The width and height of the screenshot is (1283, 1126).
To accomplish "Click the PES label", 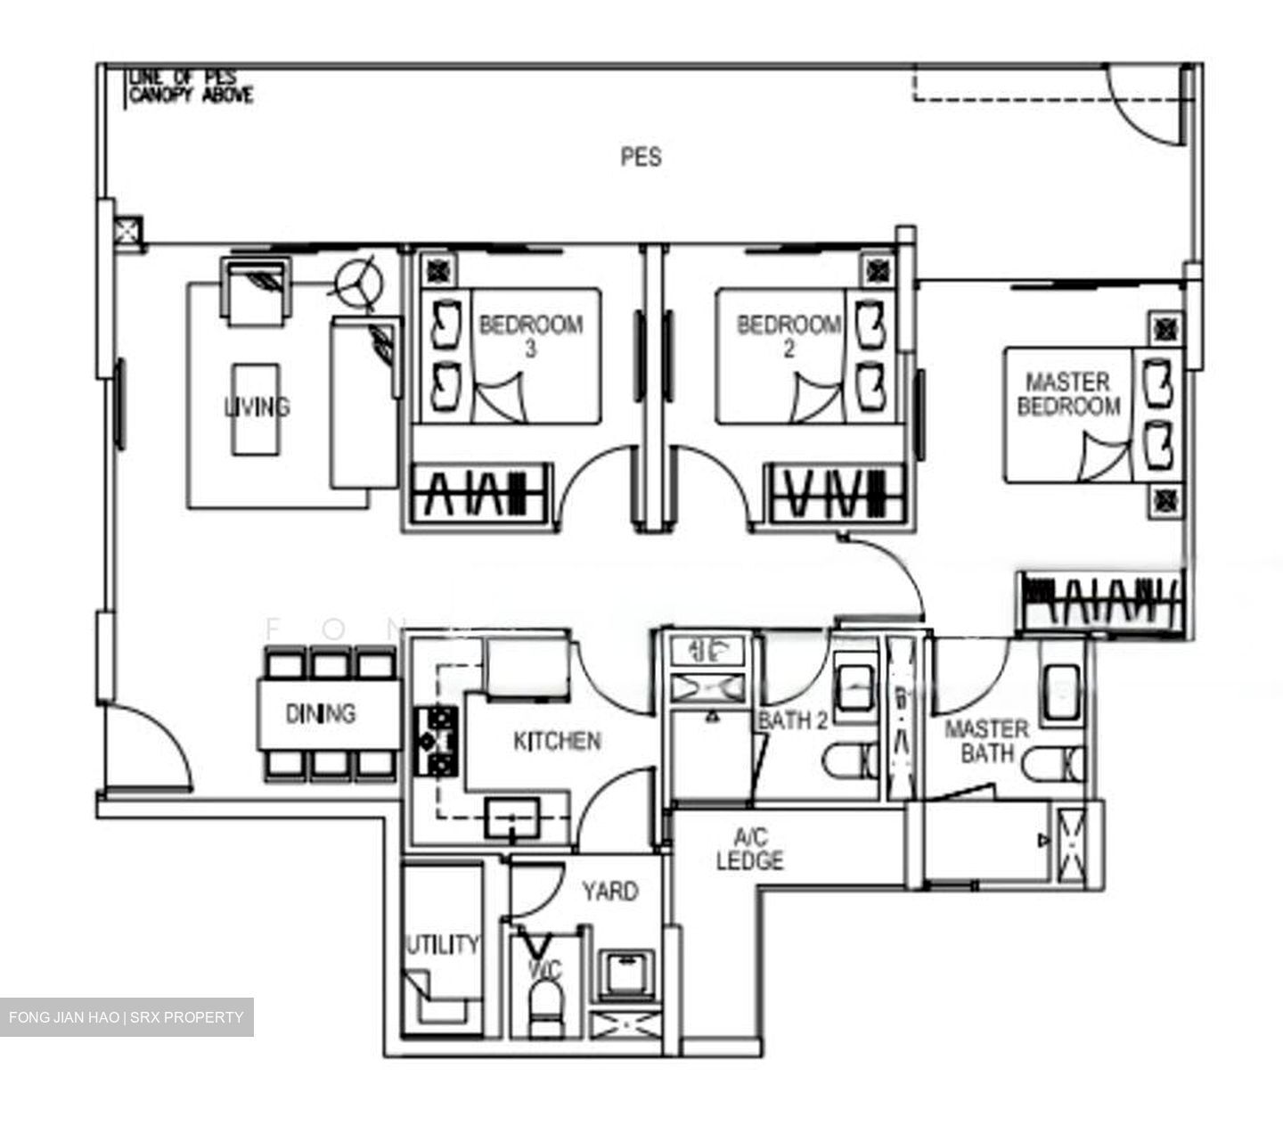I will click(x=641, y=158).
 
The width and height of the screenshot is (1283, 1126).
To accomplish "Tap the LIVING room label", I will click(x=257, y=407).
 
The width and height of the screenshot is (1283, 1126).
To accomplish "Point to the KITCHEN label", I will click(x=557, y=741).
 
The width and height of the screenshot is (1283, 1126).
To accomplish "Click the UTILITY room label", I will click(x=443, y=944).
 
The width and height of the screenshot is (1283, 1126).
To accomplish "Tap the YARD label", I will click(x=609, y=891).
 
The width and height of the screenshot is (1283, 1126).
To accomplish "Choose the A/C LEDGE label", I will click(x=749, y=849).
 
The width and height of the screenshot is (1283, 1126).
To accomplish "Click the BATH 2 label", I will click(x=792, y=720).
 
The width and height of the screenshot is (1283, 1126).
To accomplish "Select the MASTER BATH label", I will click(x=986, y=741).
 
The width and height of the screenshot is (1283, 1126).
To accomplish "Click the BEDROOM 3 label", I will click(x=531, y=335).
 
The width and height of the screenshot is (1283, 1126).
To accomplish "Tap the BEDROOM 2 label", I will click(x=789, y=335).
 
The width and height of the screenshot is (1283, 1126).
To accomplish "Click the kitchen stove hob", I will click(x=436, y=740).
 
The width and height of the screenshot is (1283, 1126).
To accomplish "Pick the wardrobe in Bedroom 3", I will click(x=478, y=493).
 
